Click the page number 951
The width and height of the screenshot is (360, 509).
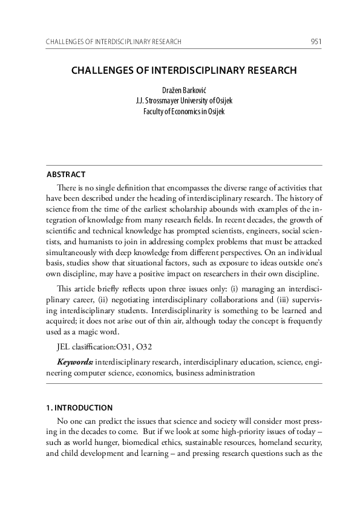pos(315,42)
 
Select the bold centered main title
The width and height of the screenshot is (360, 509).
pos(184,70)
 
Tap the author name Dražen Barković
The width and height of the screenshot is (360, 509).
pos(184,89)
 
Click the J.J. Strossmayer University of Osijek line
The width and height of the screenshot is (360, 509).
pos(184,100)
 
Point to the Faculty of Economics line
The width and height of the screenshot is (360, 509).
pos(184,111)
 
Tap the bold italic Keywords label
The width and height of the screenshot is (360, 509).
pos(75,362)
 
